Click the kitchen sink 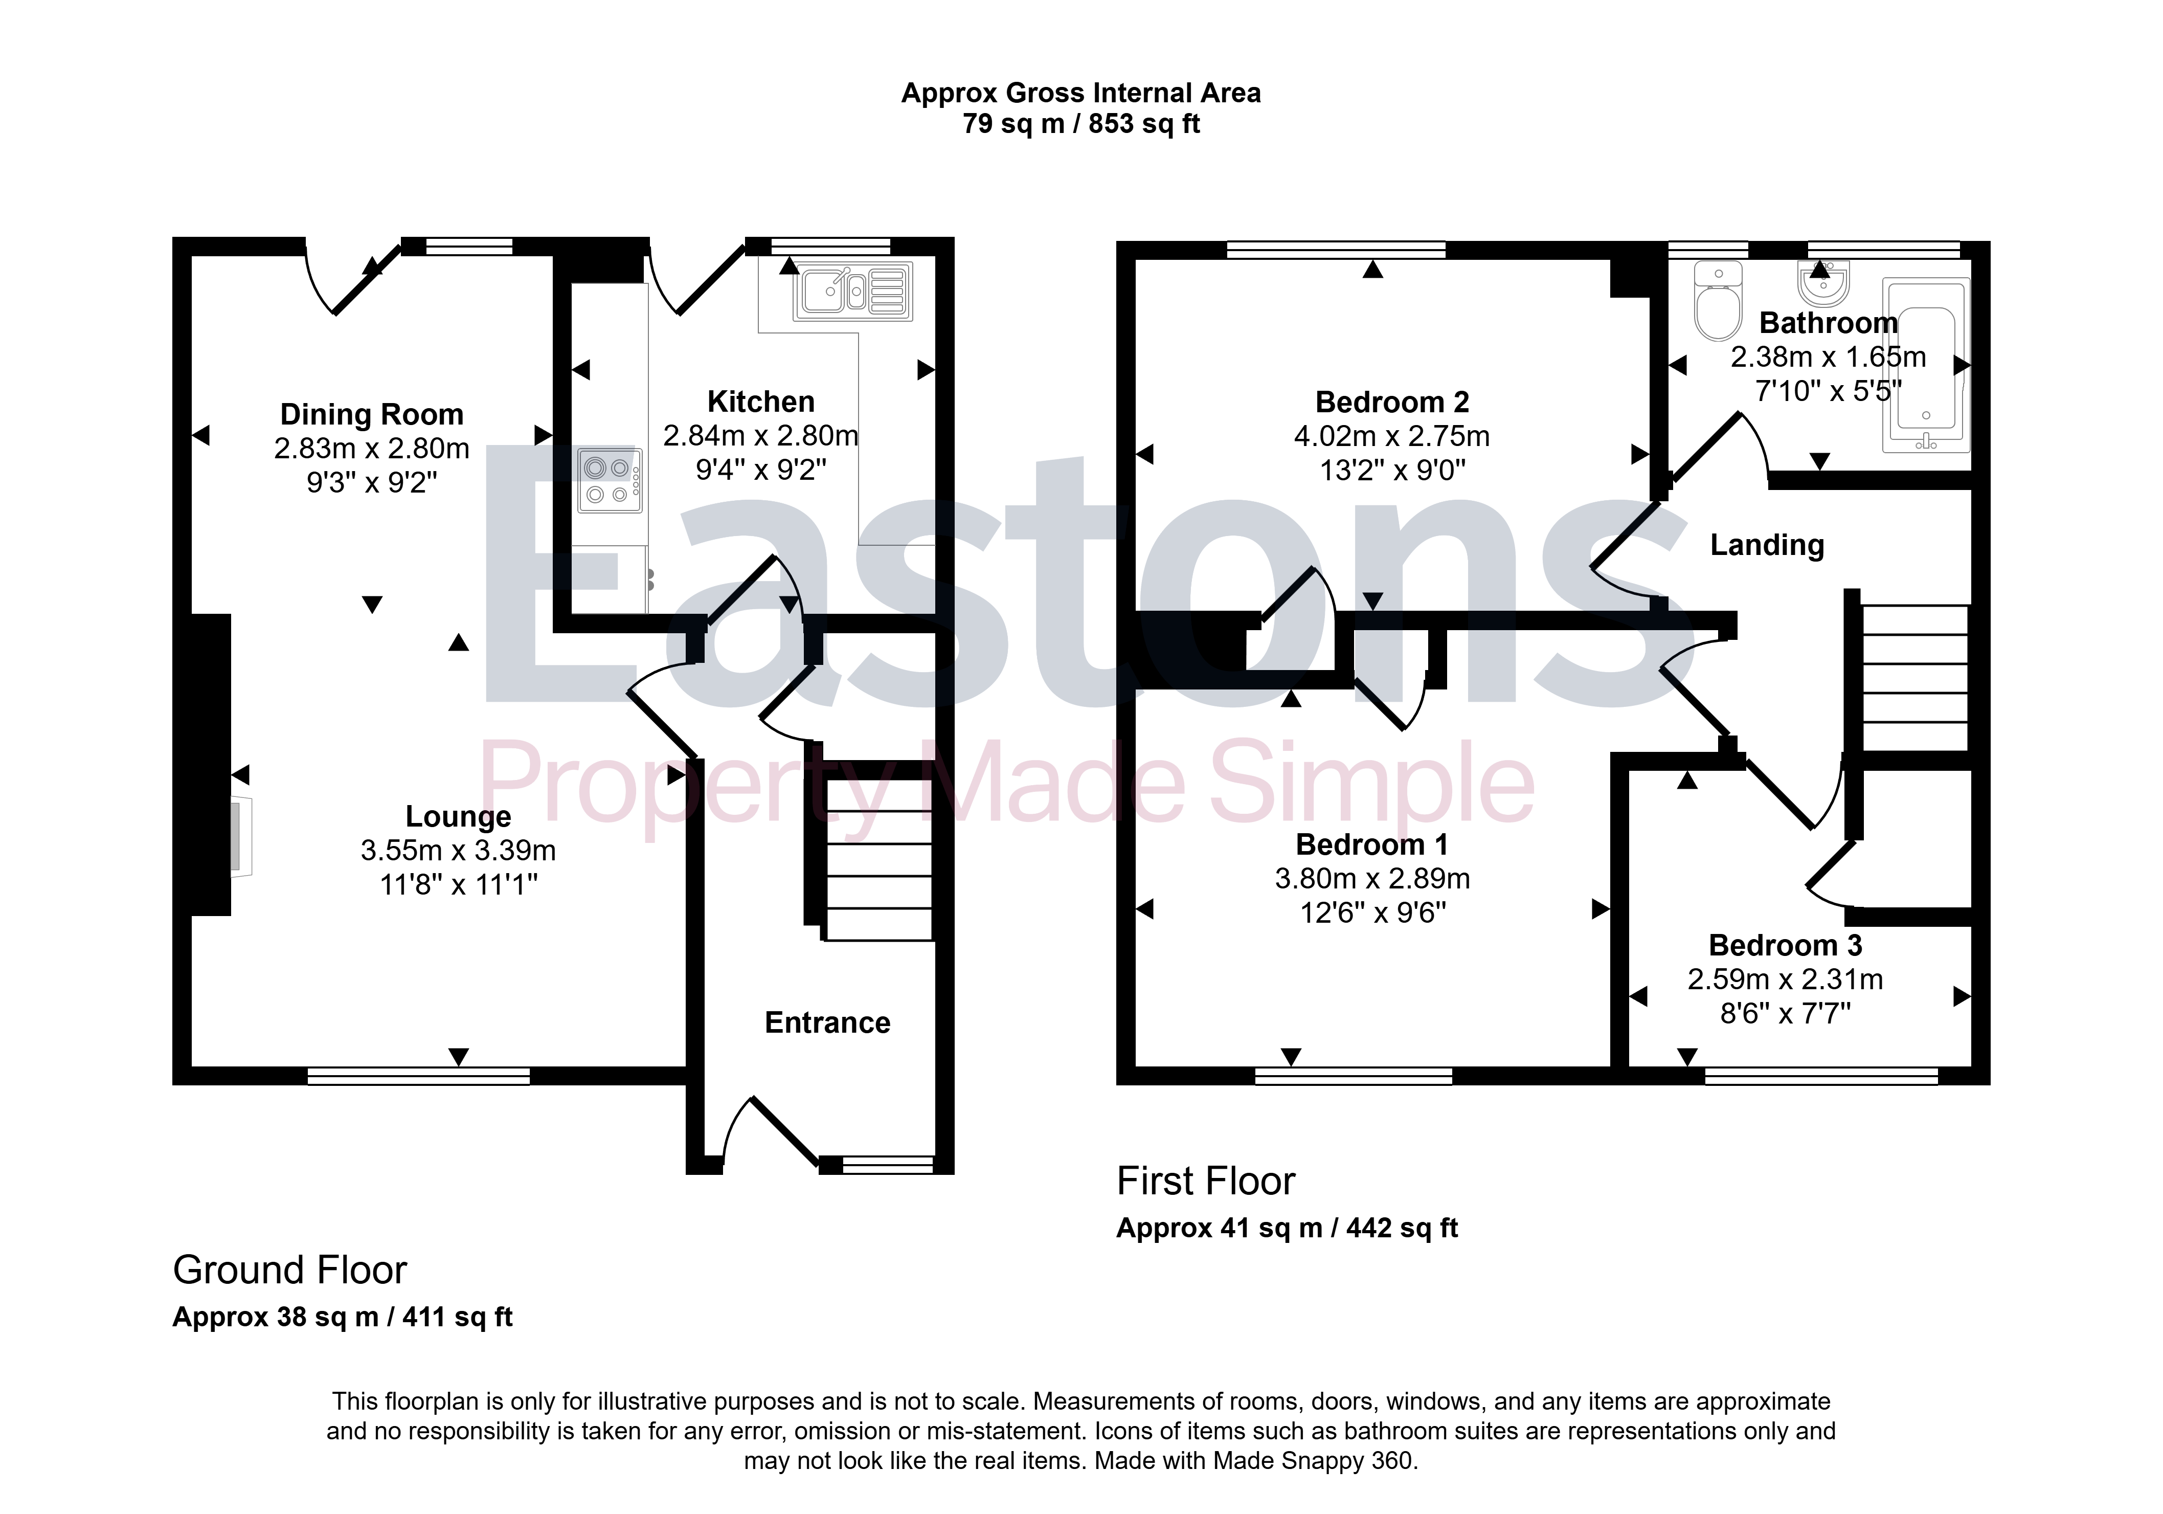click(x=852, y=291)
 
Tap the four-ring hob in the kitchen click(x=610, y=480)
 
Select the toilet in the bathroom click(x=1718, y=301)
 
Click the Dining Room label click(x=372, y=414)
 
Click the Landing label click(x=1767, y=545)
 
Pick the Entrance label click(x=827, y=1022)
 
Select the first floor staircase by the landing click(x=1915, y=677)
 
